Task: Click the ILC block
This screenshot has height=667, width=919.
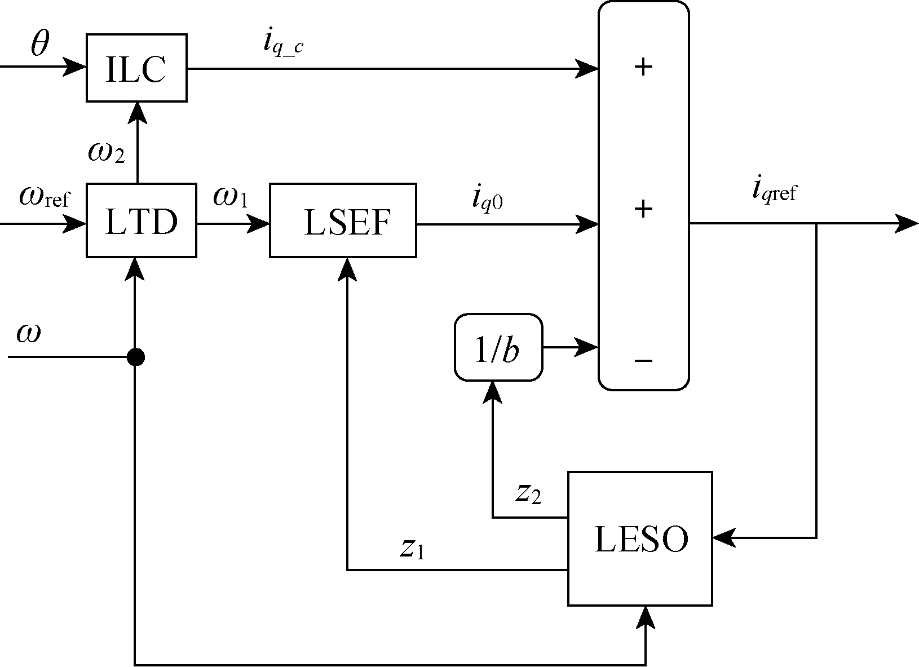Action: [x=136, y=68]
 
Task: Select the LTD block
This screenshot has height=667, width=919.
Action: [x=141, y=220]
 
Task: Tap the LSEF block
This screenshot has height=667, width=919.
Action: [x=343, y=220]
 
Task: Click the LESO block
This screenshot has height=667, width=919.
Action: [x=640, y=538]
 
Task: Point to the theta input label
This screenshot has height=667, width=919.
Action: [x=39, y=44]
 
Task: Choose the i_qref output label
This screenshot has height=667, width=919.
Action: [x=775, y=191]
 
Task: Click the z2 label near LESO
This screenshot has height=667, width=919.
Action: [x=528, y=493]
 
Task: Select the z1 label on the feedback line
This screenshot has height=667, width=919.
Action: [x=412, y=547]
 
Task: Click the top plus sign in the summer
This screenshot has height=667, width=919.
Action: [x=643, y=68]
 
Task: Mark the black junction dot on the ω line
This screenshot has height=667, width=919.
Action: [x=135, y=357]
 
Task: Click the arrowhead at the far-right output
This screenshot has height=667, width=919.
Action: [x=907, y=224]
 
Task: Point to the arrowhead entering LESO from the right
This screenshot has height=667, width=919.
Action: [x=723, y=538]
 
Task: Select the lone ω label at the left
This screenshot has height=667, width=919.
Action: [x=28, y=333]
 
